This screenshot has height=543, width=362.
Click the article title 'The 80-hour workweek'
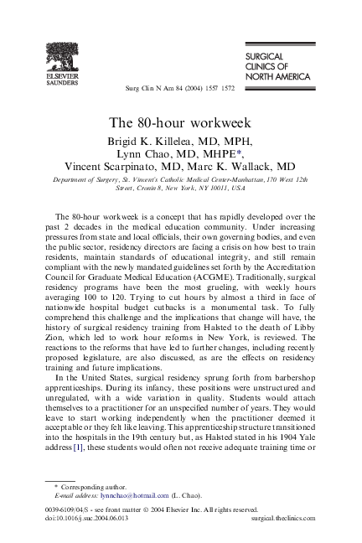click(181, 123)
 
